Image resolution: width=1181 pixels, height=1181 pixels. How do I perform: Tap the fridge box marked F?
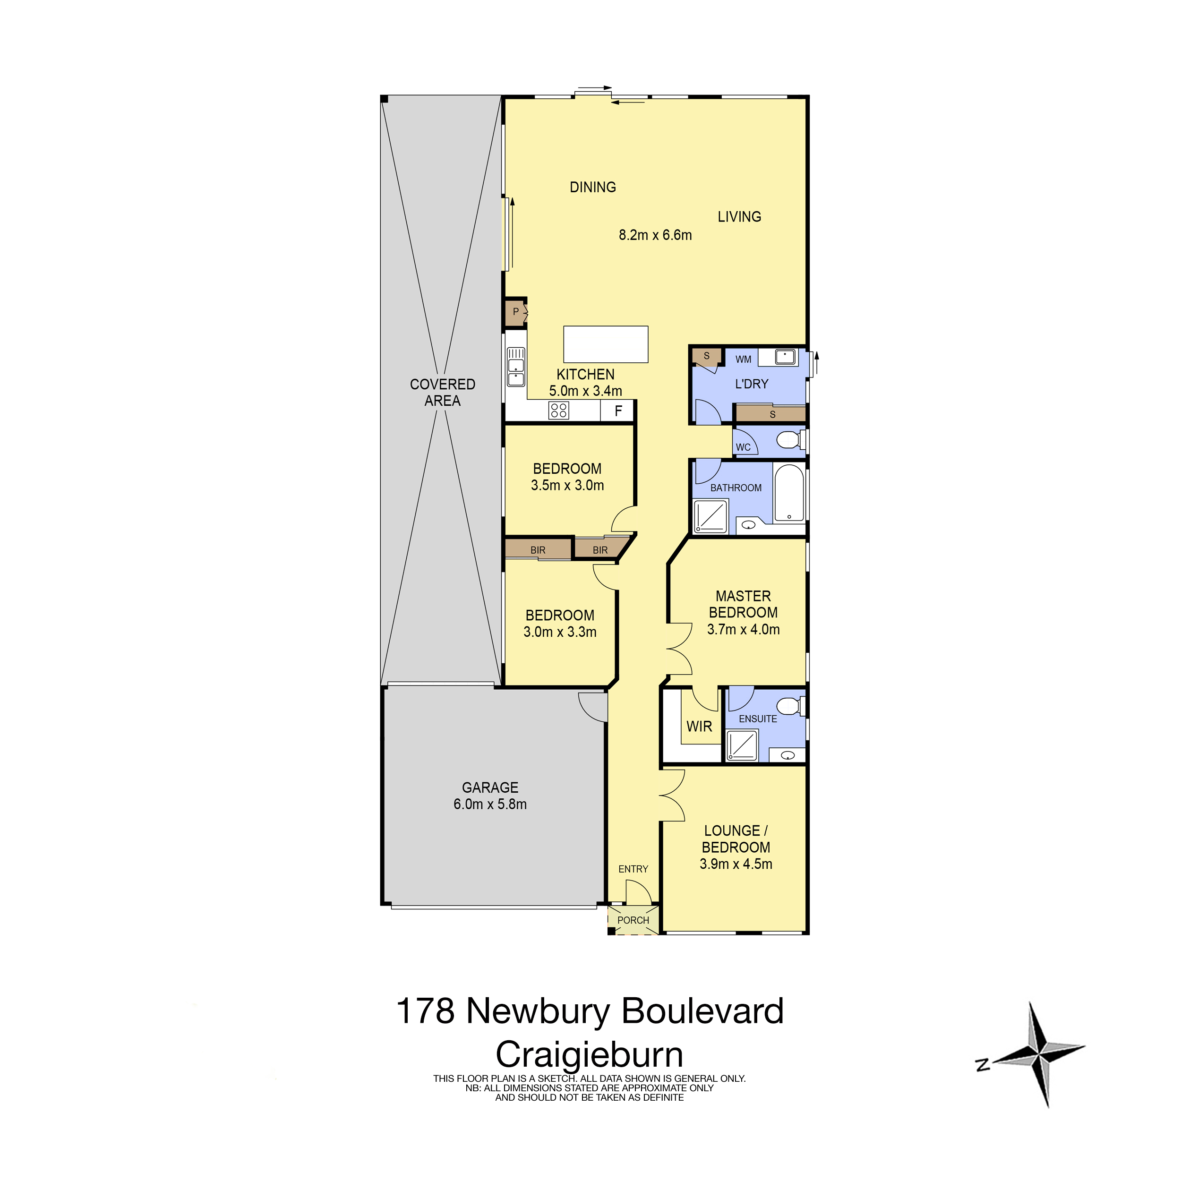[617, 411]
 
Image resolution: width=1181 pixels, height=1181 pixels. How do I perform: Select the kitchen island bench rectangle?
[605, 344]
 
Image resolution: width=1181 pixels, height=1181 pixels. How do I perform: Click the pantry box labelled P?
[515, 312]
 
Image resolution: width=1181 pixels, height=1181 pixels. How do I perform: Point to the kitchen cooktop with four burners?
[559, 410]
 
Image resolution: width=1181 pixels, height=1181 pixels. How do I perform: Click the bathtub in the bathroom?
[789, 493]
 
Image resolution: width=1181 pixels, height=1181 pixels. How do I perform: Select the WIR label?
[699, 726]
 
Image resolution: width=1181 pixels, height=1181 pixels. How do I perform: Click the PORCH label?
[633, 920]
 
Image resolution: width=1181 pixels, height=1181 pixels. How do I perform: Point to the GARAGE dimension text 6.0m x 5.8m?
[490, 804]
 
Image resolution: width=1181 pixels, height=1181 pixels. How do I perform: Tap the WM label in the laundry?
[743, 359]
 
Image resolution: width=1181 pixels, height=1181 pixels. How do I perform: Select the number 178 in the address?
[426, 1011]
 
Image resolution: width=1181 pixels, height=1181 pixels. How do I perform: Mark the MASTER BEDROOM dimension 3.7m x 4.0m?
[743, 629]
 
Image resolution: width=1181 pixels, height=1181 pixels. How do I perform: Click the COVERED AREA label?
[443, 393]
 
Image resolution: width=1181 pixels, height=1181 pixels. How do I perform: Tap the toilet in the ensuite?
[793, 707]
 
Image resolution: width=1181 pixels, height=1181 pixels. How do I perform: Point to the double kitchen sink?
[516, 367]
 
